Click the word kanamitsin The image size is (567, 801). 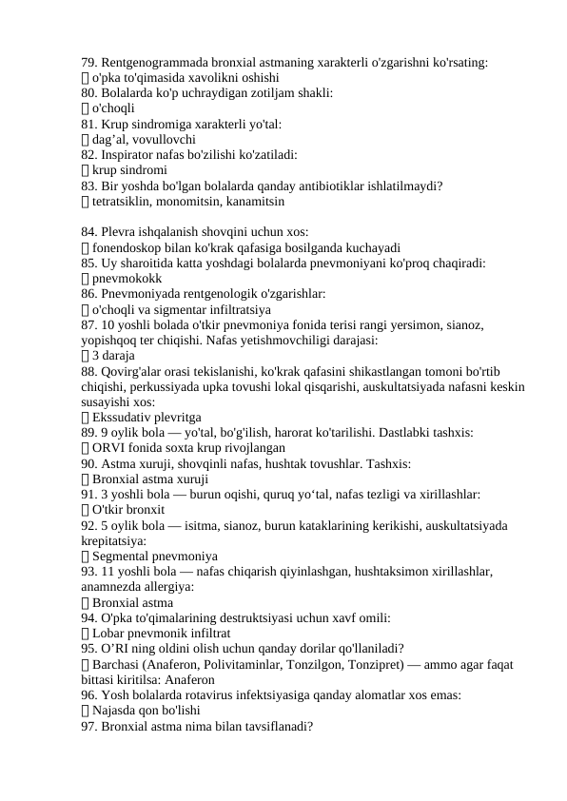click(x=252, y=202)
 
